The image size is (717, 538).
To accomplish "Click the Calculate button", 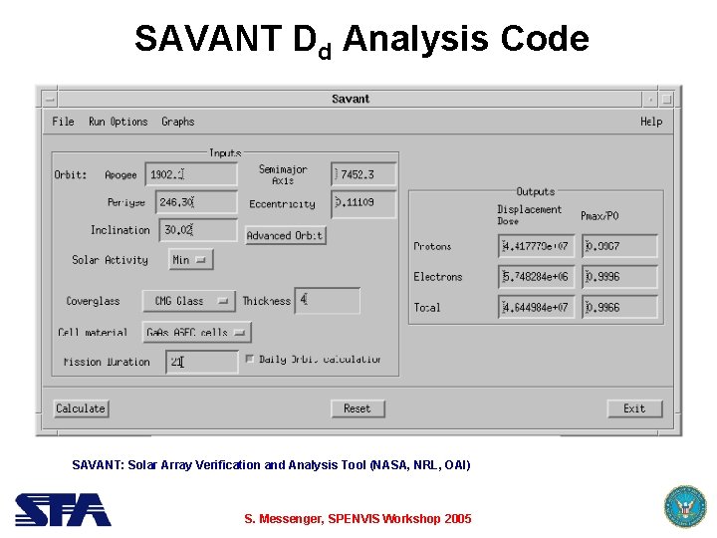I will [81, 408].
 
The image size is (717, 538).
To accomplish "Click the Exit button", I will [634, 408].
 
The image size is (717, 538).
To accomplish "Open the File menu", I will [63, 122].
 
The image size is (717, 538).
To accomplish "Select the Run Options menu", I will [118, 122].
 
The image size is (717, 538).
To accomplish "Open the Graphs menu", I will [178, 122].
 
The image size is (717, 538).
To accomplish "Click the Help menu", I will [650, 122].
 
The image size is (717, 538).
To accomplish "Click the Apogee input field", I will [191, 174].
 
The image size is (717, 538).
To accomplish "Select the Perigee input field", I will [191, 202].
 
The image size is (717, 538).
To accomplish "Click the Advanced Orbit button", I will [285, 235].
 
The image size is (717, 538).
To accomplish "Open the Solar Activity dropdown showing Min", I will [190, 260].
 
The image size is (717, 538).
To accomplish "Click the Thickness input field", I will [327, 300].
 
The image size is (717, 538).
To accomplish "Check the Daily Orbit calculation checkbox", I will [250, 359].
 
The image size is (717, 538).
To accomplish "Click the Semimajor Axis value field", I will [363, 174].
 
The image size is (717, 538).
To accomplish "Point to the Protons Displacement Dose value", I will [537, 246].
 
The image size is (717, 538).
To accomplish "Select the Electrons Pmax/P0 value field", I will [620, 277].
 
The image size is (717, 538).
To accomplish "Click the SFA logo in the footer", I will [63, 509].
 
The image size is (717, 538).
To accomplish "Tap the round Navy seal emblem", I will [684, 507].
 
